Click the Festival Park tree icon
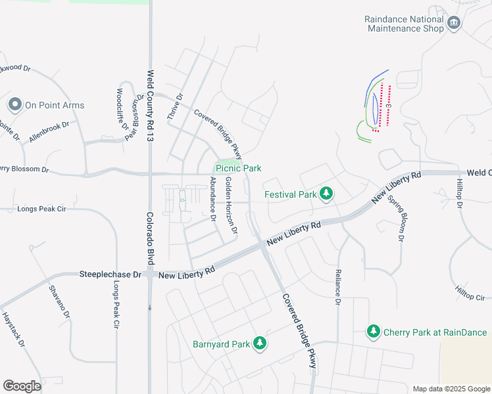click(x=326, y=194)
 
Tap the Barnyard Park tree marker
click(x=260, y=343)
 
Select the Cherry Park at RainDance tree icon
click(x=374, y=332)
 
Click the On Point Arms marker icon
click(x=14, y=104)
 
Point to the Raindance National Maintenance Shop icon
click(x=454, y=24)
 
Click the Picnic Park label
click(x=239, y=169)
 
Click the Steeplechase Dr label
click(x=111, y=274)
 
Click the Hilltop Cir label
click(x=470, y=293)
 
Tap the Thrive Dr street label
click(x=174, y=106)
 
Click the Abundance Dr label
click(x=212, y=199)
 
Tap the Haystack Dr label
click(x=13, y=329)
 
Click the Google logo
click(x=22, y=386)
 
